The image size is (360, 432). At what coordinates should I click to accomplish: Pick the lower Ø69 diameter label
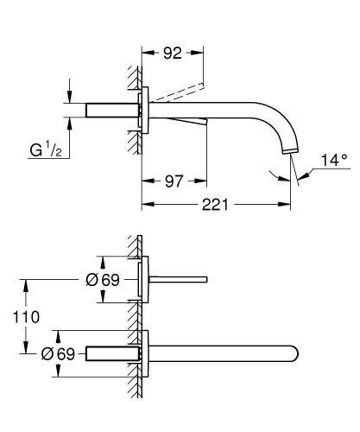60,353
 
